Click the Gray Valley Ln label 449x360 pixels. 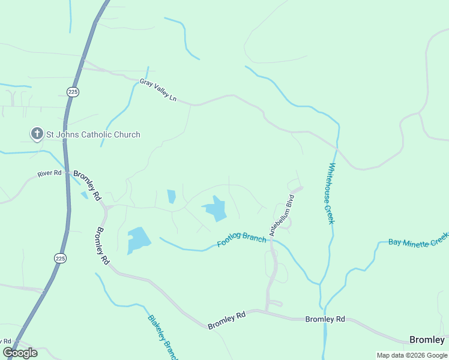[158, 89]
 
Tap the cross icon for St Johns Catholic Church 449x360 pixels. [37, 134]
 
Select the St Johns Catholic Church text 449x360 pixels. [93, 134]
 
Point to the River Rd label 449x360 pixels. [50, 173]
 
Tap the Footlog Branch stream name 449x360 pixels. [241, 239]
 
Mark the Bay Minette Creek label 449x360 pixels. [418, 239]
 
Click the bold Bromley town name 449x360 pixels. [427, 340]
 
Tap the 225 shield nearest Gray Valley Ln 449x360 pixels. [73, 92]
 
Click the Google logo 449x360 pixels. [20, 352]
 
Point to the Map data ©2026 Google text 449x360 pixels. [411, 355]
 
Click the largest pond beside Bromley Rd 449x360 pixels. [138, 240]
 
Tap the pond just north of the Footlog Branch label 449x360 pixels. [215, 208]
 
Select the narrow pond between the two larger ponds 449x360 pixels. [172, 196]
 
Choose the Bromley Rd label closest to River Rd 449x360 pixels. [88, 187]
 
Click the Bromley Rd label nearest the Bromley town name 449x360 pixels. [325, 319]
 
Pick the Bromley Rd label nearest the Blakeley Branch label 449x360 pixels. [228, 320]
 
